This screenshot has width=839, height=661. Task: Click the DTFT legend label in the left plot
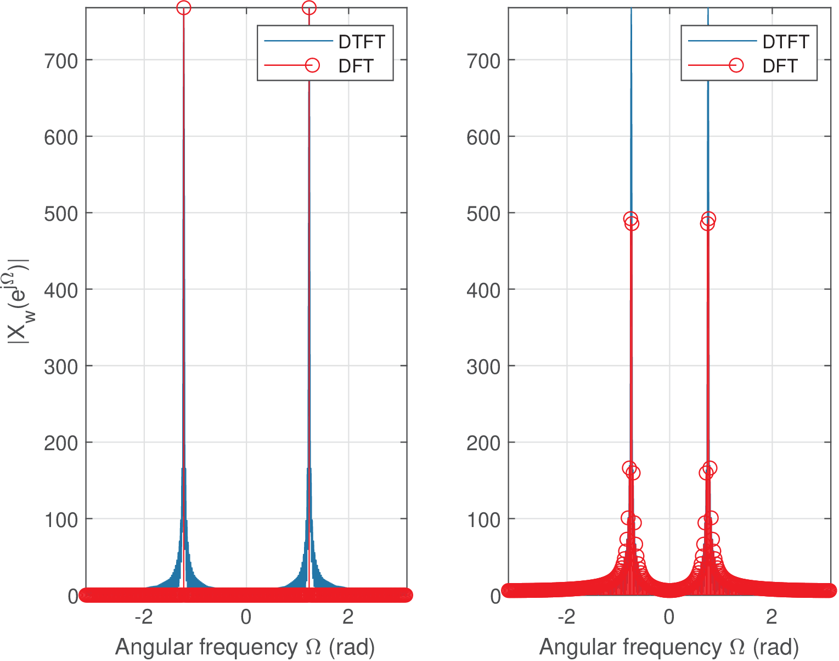pyautogui.click(x=362, y=42)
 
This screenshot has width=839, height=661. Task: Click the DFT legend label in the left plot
pyautogui.click(x=356, y=66)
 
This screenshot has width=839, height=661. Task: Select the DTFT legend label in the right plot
pyautogui.click(x=785, y=42)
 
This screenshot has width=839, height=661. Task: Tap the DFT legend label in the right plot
pyautogui.click(x=779, y=66)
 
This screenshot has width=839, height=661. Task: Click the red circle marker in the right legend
pyautogui.click(x=736, y=65)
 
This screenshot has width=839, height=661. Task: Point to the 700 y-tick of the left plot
pyautogui.click(x=61, y=60)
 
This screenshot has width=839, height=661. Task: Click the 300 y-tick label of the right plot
pyautogui.click(x=483, y=367)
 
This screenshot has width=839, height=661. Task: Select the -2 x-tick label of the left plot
pyautogui.click(x=144, y=617)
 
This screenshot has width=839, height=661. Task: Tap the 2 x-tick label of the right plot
pyautogui.click(x=772, y=617)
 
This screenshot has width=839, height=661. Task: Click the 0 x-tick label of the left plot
pyautogui.click(x=246, y=617)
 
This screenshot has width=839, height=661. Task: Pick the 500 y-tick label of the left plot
pyautogui.click(x=61, y=214)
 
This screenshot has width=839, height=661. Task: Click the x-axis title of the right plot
pyautogui.click(x=669, y=647)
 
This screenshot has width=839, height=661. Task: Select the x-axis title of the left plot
pyautogui.click(x=245, y=647)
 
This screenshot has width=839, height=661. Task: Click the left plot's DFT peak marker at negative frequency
pyautogui.click(x=183, y=8)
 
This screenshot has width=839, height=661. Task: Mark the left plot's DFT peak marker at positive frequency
pyautogui.click(x=309, y=8)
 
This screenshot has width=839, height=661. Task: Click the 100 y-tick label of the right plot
pyautogui.click(x=483, y=519)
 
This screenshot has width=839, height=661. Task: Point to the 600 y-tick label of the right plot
pyautogui.click(x=483, y=137)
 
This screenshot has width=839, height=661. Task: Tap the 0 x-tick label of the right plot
pyautogui.click(x=669, y=617)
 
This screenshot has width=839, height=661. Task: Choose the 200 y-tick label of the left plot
pyautogui.click(x=61, y=443)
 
